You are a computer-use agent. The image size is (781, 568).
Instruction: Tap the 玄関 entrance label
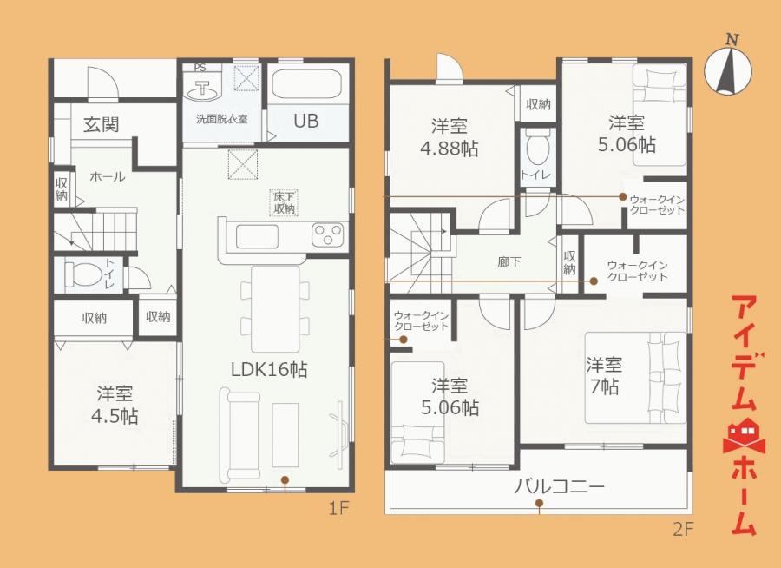[x=102, y=124]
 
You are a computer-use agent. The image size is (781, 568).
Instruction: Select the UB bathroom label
[x=305, y=121]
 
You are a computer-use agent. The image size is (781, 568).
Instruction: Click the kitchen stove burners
[x=327, y=234]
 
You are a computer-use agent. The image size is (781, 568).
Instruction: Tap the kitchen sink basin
[x=257, y=236]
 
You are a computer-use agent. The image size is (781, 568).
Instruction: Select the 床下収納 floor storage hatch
[x=284, y=203]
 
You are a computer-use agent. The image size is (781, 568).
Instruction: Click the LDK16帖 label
[x=269, y=369]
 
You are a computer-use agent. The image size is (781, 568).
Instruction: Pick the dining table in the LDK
[x=275, y=308]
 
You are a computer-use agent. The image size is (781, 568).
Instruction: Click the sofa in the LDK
[x=240, y=435]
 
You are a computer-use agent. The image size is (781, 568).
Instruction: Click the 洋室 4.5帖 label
[x=115, y=405]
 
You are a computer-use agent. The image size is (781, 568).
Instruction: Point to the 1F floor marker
[x=338, y=509]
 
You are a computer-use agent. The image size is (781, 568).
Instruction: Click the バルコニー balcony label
[x=560, y=485]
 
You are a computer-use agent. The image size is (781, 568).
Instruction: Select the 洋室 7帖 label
[x=604, y=375]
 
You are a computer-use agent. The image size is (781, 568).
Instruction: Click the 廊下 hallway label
[x=509, y=261]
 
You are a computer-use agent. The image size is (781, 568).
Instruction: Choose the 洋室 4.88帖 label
[x=450, y=137]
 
